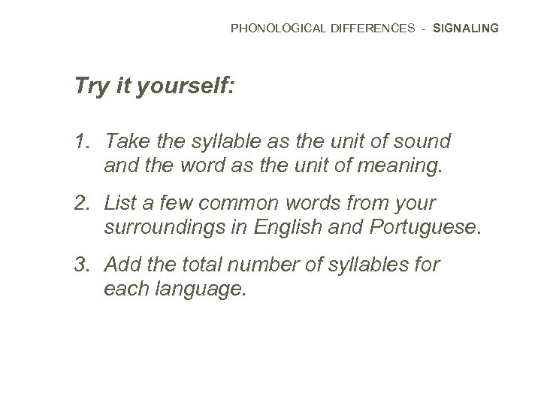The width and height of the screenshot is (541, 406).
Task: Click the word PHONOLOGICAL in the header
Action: [277, 29]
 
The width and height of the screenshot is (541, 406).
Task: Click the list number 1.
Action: [80, 141]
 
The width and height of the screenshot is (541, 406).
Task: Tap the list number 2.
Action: [80, 203]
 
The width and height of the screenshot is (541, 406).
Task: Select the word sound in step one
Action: [425, 141]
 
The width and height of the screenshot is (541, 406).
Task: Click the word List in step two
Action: [120, 203]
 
